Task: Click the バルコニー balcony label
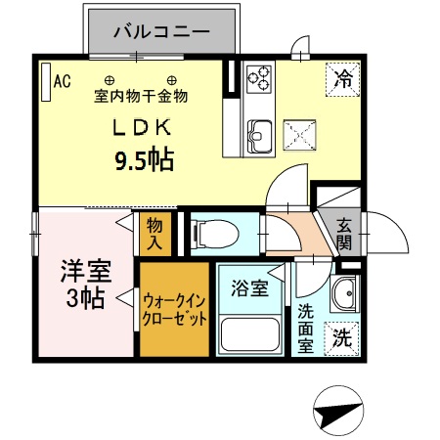click(x=161, y=31)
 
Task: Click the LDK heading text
click(x=146, y=127)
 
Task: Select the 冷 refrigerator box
click(x=342, y=77)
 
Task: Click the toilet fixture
click(x=214, y=233)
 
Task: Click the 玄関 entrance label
click(x=345, y=233)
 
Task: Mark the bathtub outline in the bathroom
click(x=250, y=334)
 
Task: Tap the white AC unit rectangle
click(x=44, y=82)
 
